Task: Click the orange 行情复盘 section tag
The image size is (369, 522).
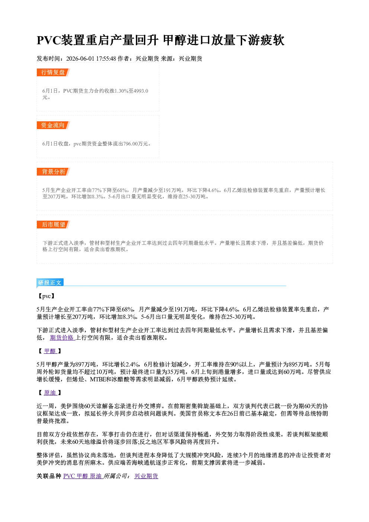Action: coord(53,72)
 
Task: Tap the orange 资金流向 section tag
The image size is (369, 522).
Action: coord(53,125)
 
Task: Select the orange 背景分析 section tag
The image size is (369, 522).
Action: coord(53,172)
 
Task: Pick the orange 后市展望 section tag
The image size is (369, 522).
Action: coord(53,225)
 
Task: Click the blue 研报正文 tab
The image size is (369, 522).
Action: coord(50,282)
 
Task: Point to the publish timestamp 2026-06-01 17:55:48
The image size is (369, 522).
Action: coord(91,58)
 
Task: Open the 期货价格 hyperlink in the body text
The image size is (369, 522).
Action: coord(62,338)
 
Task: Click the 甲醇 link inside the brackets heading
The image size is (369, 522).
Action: coord(50,351)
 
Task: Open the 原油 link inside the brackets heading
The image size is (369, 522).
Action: coord(50,393)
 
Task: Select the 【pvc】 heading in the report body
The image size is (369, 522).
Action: coord(46,296)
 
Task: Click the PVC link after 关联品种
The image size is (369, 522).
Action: coord(69,476)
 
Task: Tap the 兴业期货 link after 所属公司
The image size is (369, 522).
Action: coord(146,476)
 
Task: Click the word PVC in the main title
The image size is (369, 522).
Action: coord(49,40)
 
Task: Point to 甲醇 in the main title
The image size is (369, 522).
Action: coord(175,40)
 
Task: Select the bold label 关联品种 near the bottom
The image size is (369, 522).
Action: coord(49,476)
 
